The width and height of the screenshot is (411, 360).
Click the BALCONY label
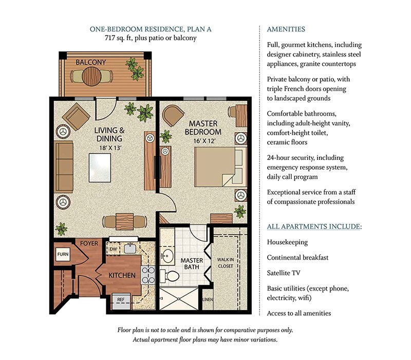[90, 62]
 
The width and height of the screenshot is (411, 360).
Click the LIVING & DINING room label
[108, 135]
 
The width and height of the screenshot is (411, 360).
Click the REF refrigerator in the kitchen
[120, 298]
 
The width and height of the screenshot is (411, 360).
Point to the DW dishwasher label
[113, 249]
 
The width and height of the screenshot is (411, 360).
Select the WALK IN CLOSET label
[225, 263]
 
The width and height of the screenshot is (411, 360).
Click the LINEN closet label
[207, 300]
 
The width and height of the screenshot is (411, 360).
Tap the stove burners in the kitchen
[148, 276]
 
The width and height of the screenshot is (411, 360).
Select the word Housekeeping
[287, 242]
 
